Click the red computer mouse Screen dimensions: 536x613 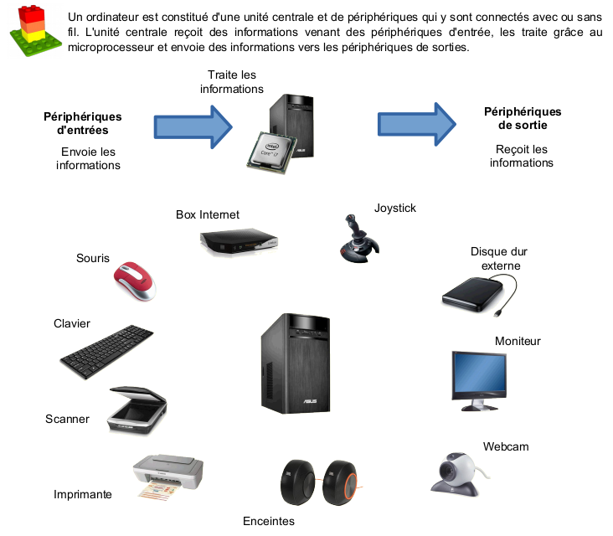point(135,281)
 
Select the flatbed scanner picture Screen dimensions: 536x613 point(134,410)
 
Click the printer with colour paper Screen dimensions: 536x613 point(167,477)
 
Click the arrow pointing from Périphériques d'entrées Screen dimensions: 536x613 point(193,126)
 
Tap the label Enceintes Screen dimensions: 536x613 point(269,521)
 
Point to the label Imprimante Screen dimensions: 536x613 point(83,494)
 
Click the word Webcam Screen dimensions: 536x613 point(506,446)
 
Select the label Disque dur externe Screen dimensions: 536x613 point(500,259)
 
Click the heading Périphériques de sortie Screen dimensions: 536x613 point(523,118)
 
